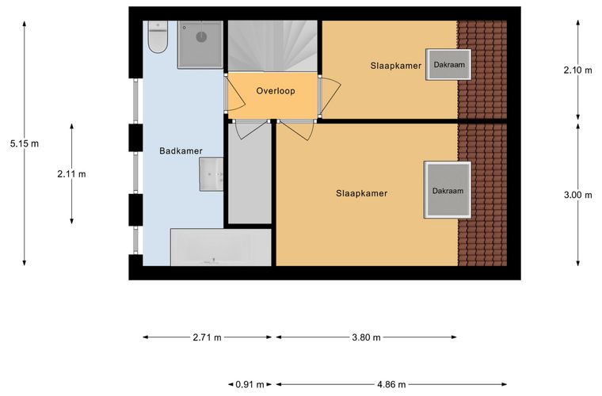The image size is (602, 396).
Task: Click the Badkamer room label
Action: point(181,151)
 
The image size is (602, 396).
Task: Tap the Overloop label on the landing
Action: point(276,91)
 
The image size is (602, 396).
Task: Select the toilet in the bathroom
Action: point(158,36)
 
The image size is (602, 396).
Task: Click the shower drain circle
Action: point(201,37)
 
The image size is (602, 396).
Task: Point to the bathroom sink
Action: point(211,174)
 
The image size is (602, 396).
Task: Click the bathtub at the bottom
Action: point(221,247)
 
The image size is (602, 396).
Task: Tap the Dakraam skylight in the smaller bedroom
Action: point(448,64)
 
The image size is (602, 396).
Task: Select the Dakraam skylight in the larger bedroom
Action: point(448,190)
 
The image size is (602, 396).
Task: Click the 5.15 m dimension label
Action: point(25,144)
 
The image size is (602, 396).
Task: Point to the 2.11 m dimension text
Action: point(72,174)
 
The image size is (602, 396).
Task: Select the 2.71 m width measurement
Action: point(207,337)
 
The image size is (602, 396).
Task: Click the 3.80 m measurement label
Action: point(366,337)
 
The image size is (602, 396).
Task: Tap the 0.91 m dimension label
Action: point(250,384)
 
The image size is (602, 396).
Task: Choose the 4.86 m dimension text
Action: point(391,384)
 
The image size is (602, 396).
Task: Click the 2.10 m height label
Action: point(577,70)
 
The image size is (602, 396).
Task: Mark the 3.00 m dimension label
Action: point(577,195)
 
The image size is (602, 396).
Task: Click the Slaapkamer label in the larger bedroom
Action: point(362,193)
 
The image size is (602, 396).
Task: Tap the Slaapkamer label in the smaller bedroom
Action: point(396,66)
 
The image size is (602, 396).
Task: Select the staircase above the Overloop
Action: point(272,46)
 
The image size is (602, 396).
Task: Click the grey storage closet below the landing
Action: point(250,173)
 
